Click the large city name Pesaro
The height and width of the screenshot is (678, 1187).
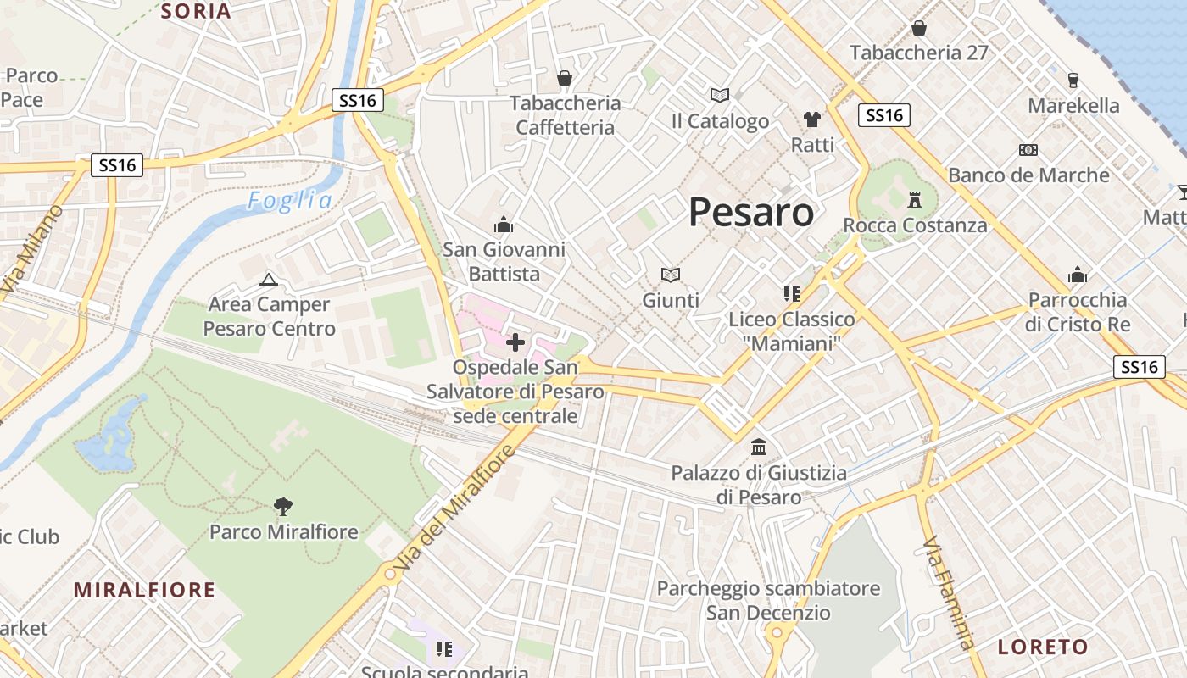coord(751,212)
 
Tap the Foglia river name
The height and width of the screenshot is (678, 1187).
coord(290,201)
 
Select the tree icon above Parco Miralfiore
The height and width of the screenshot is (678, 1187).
coord(283,507)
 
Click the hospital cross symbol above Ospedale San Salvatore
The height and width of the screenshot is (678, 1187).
coord(515,342)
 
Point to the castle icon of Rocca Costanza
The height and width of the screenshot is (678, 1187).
coord(914,200)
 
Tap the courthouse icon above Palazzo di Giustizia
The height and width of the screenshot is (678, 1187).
coord(759,447)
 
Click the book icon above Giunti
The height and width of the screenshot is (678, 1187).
coord(671,275)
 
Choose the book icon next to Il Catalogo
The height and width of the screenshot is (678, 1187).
coord(719,95)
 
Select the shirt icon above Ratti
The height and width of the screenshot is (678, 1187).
coord(812,119)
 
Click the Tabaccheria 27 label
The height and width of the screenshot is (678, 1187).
coord(919,53)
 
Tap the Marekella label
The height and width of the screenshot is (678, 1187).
coord(1073,106)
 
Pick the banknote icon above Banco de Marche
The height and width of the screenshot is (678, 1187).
coord(1028,150)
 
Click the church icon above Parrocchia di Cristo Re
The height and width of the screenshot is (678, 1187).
coord(1078,275)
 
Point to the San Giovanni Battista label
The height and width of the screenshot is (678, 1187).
coord(504,262)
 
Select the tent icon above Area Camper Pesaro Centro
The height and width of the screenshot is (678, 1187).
coord(269,280)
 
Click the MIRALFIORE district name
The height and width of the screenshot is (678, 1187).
coord(144,590)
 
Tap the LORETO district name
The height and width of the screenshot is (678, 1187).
coord(1043,647)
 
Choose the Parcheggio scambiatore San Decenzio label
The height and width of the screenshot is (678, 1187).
coord(768,600)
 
